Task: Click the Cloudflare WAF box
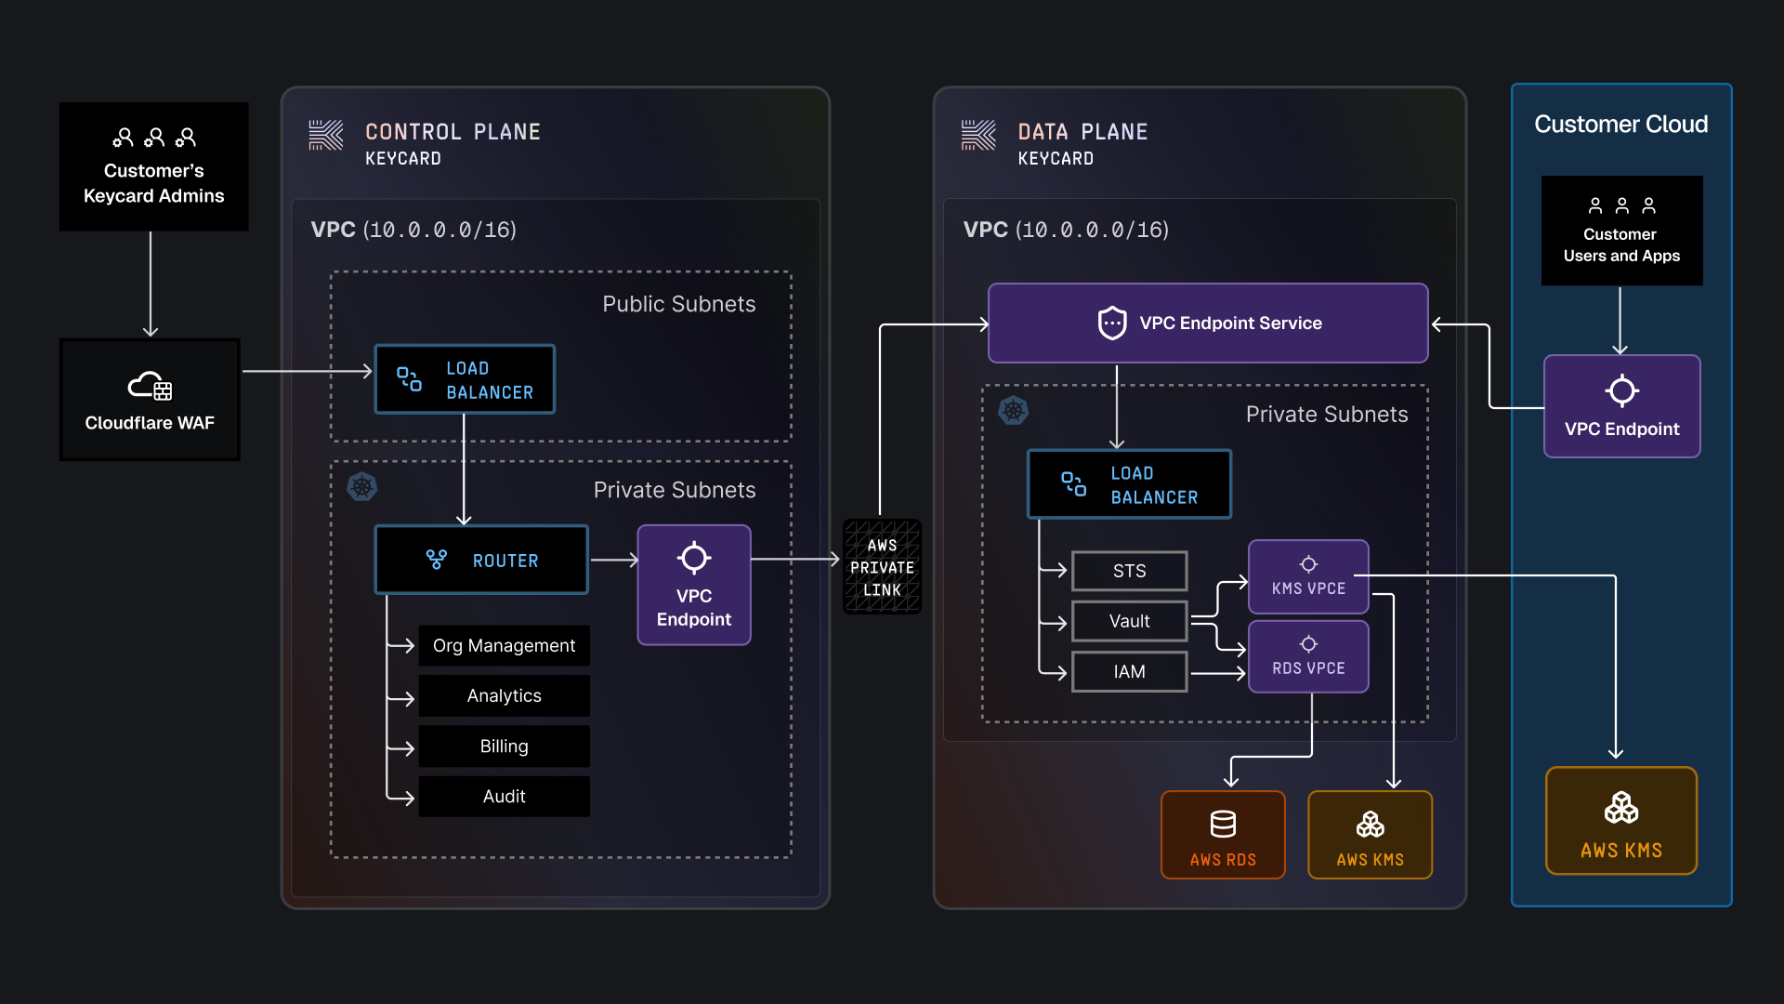pyautogui.click(x=150, y=400)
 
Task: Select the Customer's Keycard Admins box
pyautogui.click(x=153, y=166)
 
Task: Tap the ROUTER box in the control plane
pyautogui.click(x=480, y=560)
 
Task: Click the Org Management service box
pyautogui.click(x=504, y=645)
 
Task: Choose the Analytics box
pyautogui.click(x=504, y=695)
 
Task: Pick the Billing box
pyautogui.click(x=504, y=746)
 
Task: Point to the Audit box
pyautogui.click(x=504, y=796)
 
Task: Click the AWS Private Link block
pyautogui.click(x=882, y=567)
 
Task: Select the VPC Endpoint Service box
pyautogui.click(x=1207, y=323)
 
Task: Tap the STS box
pyautogui.click(x=1129, y=571)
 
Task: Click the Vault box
pyautogui.click(x=1129, y=621)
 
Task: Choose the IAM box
pyautogui.click(x=1129, y=671)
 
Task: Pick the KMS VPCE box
pyautogui.click(x=1308, y=576)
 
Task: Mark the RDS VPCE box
pyautogui.click(x=1308, y=656)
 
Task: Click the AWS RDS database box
pyautogui.click(x=1223, y=834)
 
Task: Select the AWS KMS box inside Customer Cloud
pyautogui.click(x=1621, y=820)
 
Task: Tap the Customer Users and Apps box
pyautogui.click(x=1621, y=231)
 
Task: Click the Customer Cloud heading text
pyautogui.click(x=1620, y=124)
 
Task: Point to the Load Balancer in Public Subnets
pyautogui.click(x=465, y=379)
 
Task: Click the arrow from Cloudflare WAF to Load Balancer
pyautogui.click(x=307, y=371)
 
